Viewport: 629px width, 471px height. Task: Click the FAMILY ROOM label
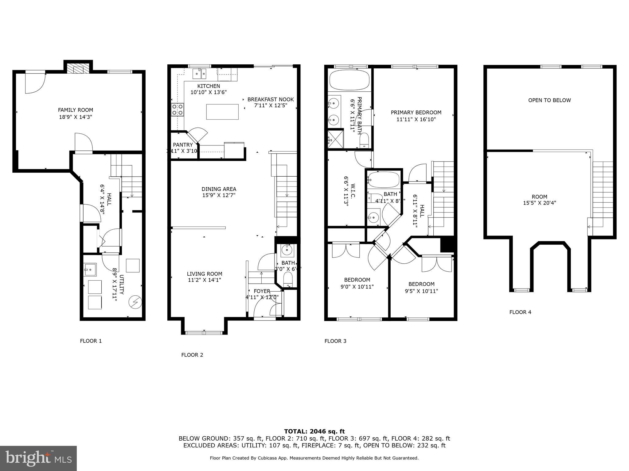[76, 110]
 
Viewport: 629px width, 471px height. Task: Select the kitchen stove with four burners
[178, 110]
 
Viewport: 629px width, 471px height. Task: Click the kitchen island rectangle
[222, 112]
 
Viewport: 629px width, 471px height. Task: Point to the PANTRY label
[183, 145]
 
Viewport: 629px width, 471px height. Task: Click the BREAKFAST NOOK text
[270, 99]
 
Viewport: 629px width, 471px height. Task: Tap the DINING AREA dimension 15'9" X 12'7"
[219, 195]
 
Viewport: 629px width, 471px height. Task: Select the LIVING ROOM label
[204, 274]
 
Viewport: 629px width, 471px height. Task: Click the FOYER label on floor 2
[262, 291]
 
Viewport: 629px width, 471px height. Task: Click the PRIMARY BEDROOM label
[416, 113]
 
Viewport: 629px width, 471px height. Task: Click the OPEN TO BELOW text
[549, 100]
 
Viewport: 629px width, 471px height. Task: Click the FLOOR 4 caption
[520, 312]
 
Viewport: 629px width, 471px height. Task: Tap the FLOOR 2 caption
[192, 355]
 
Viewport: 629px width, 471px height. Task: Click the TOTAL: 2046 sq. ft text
[314, 431]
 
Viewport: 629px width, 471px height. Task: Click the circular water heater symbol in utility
[135, 302]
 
